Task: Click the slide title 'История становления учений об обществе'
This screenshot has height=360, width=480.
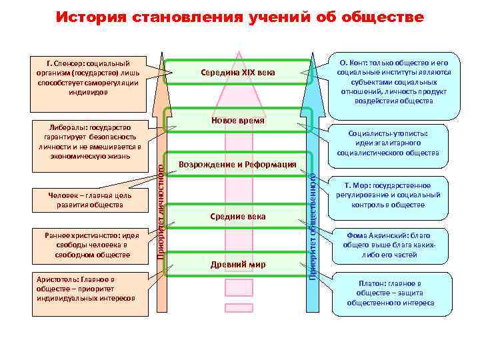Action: pyautogui.click(x=239, y=17)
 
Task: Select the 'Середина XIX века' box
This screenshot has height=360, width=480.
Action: pyautogui.click(x=237, y=72)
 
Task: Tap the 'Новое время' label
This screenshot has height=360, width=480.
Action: pyautogui.click(x=237, y=121)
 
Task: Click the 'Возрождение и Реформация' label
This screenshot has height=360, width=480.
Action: pyautogui.click(x=237, y=165)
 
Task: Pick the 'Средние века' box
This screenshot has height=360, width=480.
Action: pyautogui.click(x=237, y=217)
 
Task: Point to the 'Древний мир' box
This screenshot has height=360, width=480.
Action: pyautogui.click(x=237, y=265)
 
